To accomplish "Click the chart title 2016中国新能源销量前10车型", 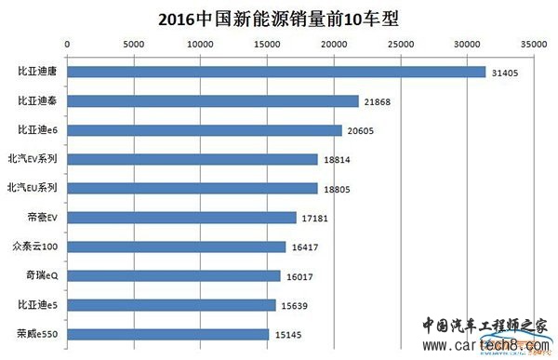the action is click(x=278, y=19).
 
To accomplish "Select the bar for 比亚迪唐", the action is click(x=276, y=72).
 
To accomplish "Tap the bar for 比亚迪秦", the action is click(x=213, y=101).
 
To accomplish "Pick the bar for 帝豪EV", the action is click(x=182, y=218).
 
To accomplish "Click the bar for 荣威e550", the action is click(x=168, y=334).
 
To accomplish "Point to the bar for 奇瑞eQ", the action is click(x=174, y=276).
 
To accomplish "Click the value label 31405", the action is click(x=505, y=73).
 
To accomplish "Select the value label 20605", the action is click(x=361, y=131).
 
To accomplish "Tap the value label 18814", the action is click(x=337, y=160).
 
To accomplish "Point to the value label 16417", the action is click(x=305, y=247).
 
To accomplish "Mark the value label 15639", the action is click(x=295, y=306).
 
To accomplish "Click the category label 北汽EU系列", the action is click(x=33, y=187).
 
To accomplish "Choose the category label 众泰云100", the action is click(x=35, y=247).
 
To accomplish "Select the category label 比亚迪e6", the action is click(x=38, y=129).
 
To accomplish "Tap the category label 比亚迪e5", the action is click(x=38, y=305).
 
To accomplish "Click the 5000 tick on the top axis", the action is click(x=134, y=44).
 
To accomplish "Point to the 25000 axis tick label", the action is click(x=401, y=44).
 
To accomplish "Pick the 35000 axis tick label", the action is click(x=534, y=44).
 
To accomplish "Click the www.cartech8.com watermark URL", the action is click(x=486, y=345).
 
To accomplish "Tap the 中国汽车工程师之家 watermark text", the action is click(x=485, y=326).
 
